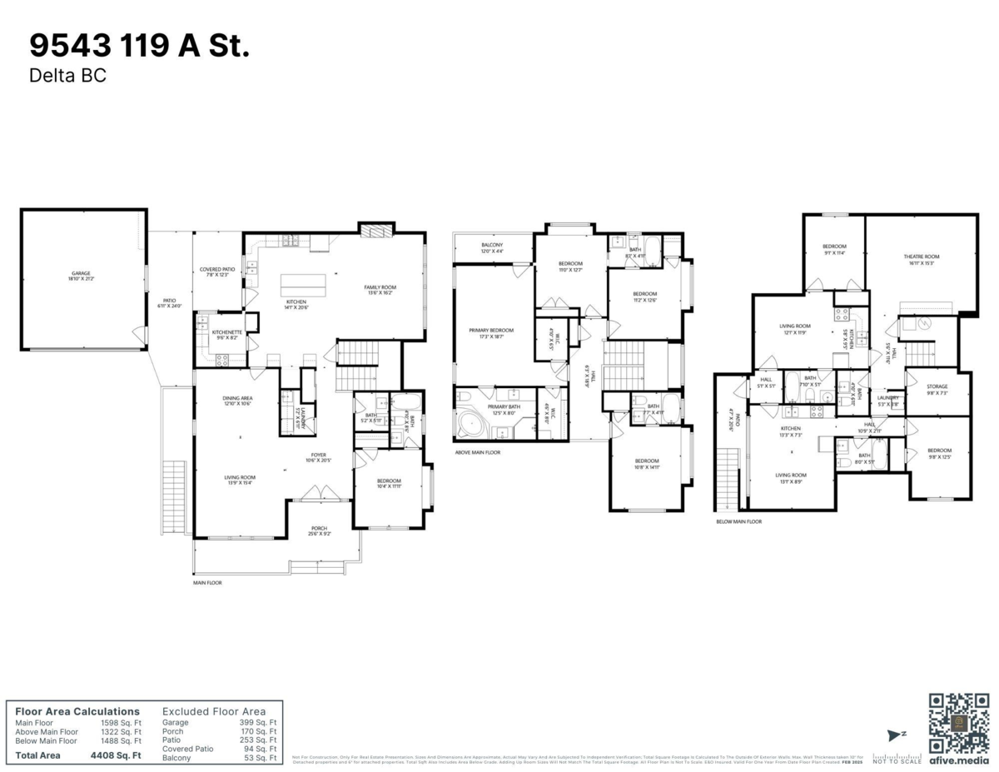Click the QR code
(x=959, y=722)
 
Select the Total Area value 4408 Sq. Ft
(x=115, y=756)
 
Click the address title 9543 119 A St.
(x=139, y=47)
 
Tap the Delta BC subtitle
(x=68, y=76)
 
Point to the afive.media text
(x=958, y=760)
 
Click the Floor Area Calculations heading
(x=77, y=711)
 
